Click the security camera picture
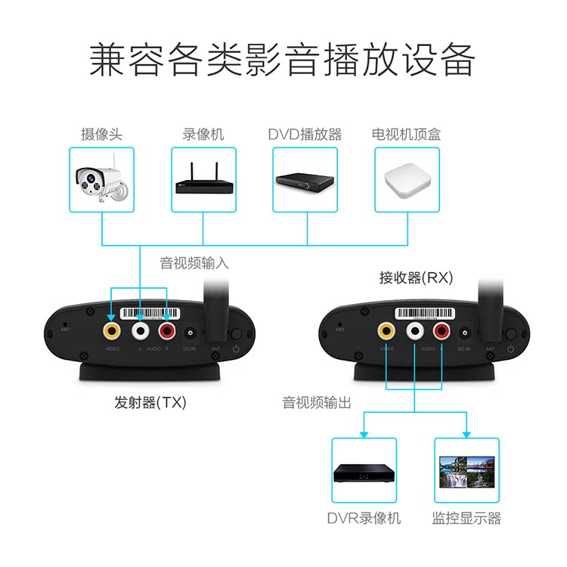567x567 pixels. pyautogui.click(x=101, y=179)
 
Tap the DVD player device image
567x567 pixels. pyautogui.click(x=305, y=180)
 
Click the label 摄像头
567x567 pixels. pyautogui.click(x=101, y=135)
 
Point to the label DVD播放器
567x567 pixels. pyautogui.click(x=305, y=135)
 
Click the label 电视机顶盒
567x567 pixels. pyautogui.click(x=406, y=135)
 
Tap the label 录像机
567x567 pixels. pyautogui.click(x=203, y=135)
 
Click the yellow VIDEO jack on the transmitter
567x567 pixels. pyautogui.click(x=113, y=330)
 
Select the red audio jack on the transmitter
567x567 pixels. pyautogui.click(x=166, y=330)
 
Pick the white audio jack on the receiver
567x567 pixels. pyautogui.click(x=414, y=330)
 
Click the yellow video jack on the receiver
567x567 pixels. pyautogui.click(x=387, y=330)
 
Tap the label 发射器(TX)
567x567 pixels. pyautogui.click(x=144, y=403)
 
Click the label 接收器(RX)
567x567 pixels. pyautogui.click(x=416, y=277)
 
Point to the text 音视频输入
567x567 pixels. pyautogui.click(x=194, y=263)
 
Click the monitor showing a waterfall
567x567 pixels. pyautogui.click(x=466, y=472)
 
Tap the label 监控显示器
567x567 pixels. pyautogui.click(x=466, y=519)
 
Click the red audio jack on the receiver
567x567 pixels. pyautogui.click(x=442, y=330)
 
